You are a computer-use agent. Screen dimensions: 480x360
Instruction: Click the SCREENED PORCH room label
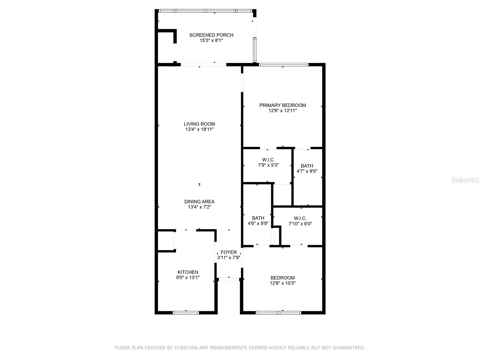click(211, 35)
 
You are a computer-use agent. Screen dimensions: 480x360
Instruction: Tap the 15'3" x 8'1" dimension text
click(211, 40)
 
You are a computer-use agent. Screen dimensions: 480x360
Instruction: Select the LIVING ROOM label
click(199, 124)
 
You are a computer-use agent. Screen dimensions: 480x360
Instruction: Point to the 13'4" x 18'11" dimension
click(199, 129)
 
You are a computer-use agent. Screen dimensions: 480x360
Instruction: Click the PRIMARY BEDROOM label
click(283, 105)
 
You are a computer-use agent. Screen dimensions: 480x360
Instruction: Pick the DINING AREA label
click(199, 202)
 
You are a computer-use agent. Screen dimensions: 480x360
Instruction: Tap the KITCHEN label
click(187, 272)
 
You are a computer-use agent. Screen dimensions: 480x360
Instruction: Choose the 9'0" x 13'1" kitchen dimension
click(187, 277)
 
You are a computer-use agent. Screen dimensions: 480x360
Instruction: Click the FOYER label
click(229, 252)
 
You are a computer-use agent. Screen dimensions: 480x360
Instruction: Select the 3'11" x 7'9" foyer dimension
click(229, 258)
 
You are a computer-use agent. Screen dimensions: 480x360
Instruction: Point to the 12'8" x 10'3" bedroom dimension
click(283, 283)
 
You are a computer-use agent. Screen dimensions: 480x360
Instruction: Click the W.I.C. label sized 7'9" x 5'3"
click(268, 160)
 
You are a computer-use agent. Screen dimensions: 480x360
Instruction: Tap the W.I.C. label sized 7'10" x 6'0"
click(300, 218)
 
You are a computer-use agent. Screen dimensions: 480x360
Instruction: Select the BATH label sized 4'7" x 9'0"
click(307, 166)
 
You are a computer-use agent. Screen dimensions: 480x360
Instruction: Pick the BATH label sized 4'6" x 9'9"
click(258, 218)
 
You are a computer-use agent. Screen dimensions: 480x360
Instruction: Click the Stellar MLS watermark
click(465, 180)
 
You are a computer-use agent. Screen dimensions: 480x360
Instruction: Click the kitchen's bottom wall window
click(186, 313)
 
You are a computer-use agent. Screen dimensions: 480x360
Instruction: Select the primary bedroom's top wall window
click(283, 64)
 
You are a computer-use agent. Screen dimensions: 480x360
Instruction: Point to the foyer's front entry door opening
click(229, 279)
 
